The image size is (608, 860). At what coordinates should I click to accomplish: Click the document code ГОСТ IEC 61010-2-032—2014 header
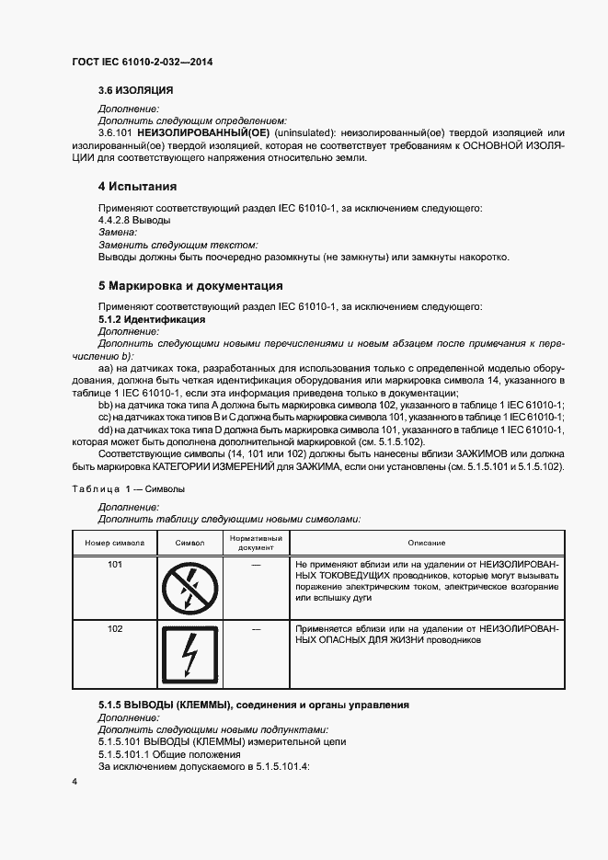148,63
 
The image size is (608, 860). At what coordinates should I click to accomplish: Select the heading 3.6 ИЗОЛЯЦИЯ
136,91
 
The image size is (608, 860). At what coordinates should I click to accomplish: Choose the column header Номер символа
115,543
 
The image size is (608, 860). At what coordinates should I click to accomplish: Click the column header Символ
189,543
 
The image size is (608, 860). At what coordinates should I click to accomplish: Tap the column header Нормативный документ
256,543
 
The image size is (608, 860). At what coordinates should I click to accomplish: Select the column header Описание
427,543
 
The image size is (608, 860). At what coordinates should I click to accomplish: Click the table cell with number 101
115,564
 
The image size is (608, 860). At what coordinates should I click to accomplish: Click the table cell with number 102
115,629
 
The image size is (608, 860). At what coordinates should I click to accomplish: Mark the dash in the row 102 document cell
256,629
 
